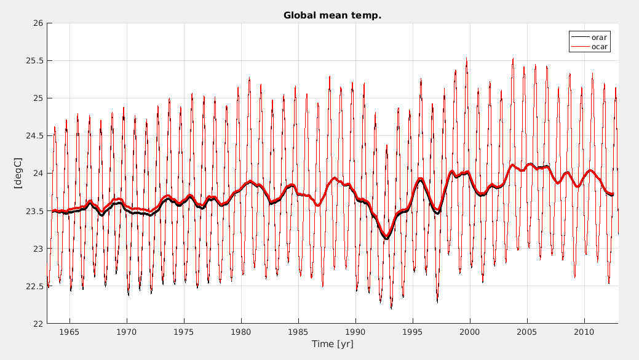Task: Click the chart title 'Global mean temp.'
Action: [332, 15]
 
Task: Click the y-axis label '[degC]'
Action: [18, 173]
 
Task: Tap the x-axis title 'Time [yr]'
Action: [332, 344]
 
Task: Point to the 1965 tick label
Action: [69, 332]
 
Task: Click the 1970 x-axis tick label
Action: [127, 332]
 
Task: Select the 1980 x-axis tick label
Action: [241, 332]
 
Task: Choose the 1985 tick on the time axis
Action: [298, 332]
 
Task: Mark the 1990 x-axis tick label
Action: [355, 332]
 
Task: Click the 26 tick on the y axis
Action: [38, 23]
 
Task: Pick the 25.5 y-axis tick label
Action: [34, 61]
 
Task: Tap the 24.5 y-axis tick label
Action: [34, 136]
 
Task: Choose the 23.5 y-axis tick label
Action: [34, 211]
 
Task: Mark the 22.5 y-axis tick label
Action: [34, 286]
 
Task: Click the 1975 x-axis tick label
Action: [184, 332]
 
